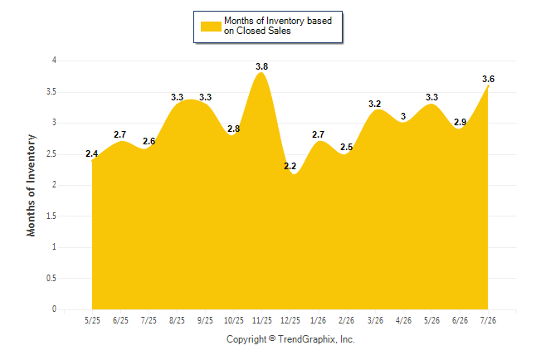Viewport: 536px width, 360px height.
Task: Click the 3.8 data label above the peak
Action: tap(262, 66)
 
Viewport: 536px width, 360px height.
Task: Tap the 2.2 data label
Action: tap(290, 166)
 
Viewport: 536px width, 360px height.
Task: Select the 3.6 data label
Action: tap(488, 79)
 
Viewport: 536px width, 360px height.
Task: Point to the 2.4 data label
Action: tap(91, 153)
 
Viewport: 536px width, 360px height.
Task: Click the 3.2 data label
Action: tap(375, 104)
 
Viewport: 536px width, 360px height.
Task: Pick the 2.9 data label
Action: tap(460, 122)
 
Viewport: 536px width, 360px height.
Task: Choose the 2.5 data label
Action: tap(346, 147)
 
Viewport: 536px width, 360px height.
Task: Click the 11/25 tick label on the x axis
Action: tap(262, 321)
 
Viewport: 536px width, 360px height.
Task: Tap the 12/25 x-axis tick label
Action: tap(290, 321)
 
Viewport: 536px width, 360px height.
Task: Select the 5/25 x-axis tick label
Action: tap(92, 321)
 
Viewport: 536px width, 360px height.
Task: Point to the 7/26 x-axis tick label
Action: tap(488, 321)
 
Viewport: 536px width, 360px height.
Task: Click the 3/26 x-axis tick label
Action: tap(375, 321)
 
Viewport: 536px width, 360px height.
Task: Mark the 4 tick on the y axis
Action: tap(54, 61)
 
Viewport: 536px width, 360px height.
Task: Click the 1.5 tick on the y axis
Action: tap(51, 216)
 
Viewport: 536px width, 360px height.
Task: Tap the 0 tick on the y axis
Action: tap(54, 309)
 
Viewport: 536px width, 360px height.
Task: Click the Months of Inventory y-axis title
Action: tap(31, 185)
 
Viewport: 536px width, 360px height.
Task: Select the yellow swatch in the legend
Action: tap(211, 27)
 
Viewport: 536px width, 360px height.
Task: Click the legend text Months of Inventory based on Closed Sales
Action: tap(278, 26)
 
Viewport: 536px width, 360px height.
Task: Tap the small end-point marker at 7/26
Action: tap(488, 86)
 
